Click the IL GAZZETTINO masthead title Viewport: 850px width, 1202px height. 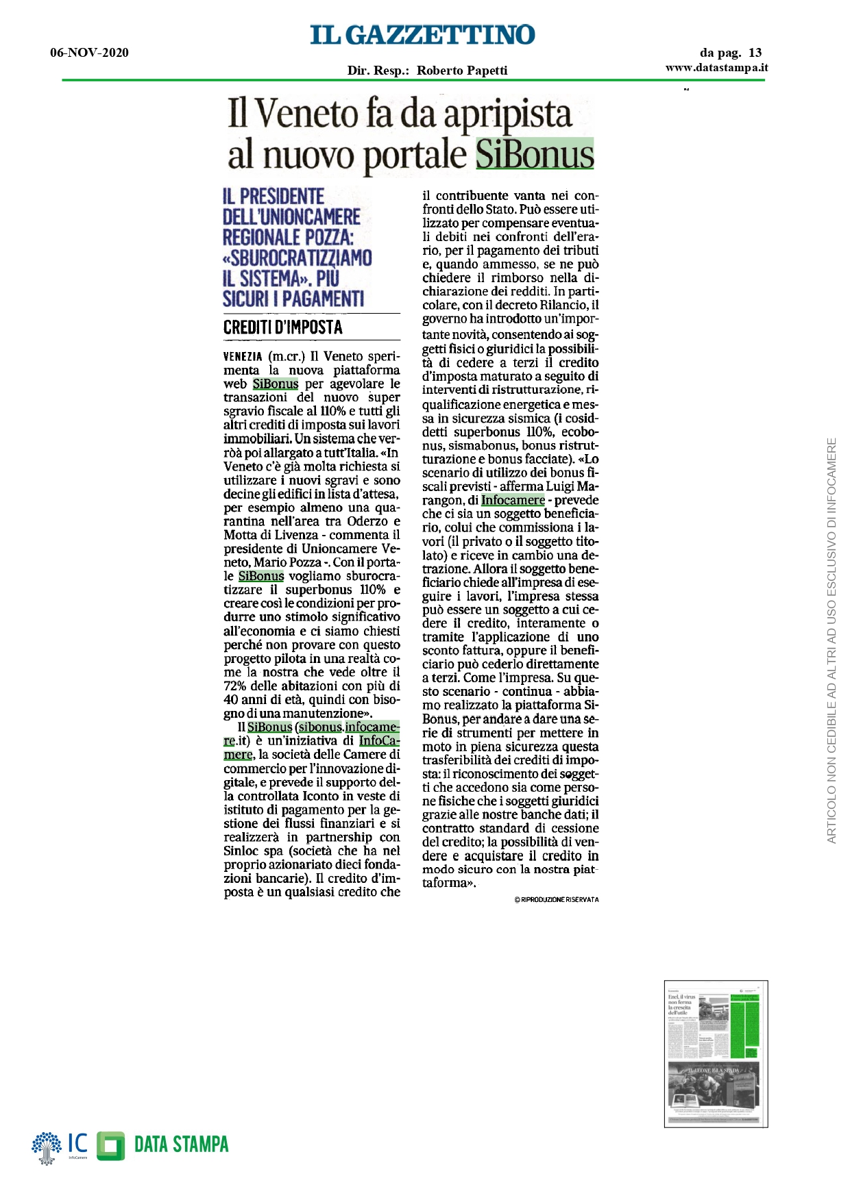coord(422,35)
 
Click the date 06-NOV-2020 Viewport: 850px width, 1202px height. coord(89,53)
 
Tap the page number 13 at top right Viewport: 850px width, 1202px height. coord(755,53)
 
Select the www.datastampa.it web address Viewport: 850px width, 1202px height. coord(716,67)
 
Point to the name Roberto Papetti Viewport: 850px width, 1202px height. coord(462,70)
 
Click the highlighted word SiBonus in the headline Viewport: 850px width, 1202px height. coord(535,154)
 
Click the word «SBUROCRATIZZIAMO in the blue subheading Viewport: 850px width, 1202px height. coord(297,258)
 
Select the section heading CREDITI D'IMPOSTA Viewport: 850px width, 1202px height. coord(282,327)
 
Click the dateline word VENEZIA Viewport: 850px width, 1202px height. coord(243,357)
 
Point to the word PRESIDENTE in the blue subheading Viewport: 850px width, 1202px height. coord(282,197)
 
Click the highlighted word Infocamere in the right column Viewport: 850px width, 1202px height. coord(513,500)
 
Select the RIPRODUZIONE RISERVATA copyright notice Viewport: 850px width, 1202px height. coord(556,899)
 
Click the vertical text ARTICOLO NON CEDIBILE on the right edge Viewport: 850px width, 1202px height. coord(831,640)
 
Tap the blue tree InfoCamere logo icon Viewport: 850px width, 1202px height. coord(47,1147)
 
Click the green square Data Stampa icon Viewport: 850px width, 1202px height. coord(110,1146)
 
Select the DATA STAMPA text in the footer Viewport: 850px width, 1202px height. coord(181,1144)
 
